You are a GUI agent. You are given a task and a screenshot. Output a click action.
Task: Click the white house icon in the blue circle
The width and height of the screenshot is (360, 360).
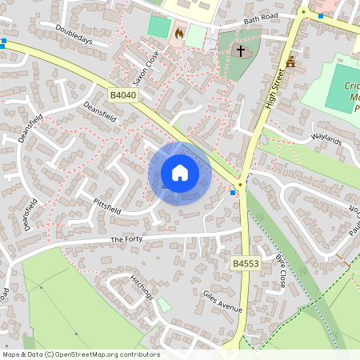(180, 172)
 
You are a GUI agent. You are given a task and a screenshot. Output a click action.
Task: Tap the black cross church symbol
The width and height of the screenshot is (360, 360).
(239, 52)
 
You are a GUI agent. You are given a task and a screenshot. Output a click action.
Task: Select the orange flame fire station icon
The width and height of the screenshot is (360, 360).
(179, 34)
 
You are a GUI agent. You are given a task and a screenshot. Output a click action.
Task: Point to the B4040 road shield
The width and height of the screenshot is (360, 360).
(123, 94)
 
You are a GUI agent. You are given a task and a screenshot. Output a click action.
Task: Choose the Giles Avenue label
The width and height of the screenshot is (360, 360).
(222, 302)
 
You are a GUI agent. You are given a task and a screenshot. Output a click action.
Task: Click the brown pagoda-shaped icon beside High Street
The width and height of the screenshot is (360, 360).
(290, 63)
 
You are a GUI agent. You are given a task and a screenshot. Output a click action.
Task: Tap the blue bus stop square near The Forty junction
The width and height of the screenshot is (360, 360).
(233, 193)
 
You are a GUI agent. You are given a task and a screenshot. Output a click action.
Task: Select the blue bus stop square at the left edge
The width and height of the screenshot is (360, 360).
(4, 41)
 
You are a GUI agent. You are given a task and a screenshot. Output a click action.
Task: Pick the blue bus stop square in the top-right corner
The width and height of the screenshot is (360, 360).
(321, 15)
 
